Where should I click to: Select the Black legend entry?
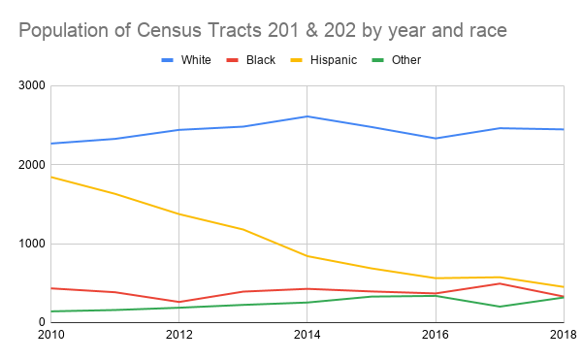tap(256, 60)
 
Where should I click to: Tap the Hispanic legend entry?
tap(332, 60)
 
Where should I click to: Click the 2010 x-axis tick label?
tap(50, 336)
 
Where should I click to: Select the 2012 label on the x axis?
tap(178, 336)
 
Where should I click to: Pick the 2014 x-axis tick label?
tap(307, 336)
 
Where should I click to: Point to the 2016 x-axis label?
tap(436, 336)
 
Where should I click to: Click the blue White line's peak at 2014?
tap(307, 116)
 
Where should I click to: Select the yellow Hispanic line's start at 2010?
tap(50, 177)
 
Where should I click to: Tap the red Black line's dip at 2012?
tap(178, 302)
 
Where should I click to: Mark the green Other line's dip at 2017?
tap(500, 307)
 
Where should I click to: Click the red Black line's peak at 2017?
tap(500, 283)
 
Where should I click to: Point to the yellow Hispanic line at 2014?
tap(307, 256)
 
